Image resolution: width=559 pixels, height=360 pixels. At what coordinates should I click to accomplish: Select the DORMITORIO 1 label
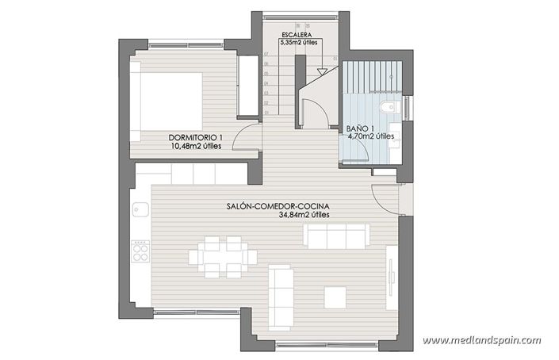195,137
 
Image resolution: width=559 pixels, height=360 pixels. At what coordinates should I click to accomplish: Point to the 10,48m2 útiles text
195,147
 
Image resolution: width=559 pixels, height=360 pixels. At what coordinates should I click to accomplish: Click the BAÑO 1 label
361,128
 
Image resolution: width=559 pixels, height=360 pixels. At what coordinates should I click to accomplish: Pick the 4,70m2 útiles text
371,136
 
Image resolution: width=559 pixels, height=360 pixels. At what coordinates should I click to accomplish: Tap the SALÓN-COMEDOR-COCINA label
277,206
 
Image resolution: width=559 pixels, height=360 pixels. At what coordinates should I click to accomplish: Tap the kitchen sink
140,211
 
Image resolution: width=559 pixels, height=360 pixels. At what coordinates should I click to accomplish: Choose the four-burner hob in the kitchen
140,252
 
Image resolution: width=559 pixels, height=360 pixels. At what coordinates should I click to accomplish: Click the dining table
224,256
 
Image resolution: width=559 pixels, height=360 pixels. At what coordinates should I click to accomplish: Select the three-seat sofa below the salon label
337,236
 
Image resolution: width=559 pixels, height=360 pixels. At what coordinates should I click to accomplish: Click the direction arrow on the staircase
322,71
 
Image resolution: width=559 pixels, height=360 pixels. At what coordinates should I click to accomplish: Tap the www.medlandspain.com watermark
481,340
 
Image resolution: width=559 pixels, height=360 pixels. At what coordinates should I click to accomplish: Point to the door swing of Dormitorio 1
249,136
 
